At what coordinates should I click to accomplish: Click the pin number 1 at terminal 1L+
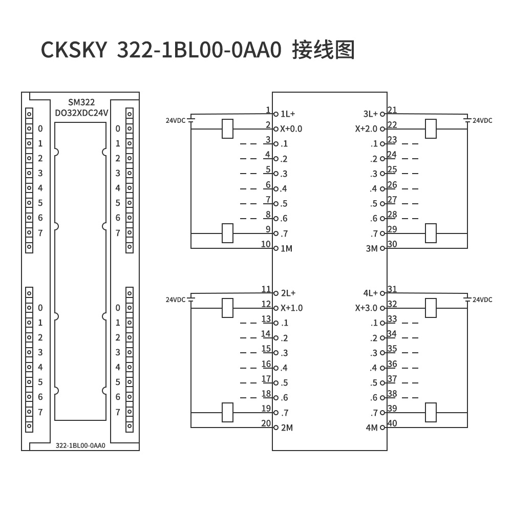(268, 110)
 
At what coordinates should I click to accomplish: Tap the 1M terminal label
(286, 249)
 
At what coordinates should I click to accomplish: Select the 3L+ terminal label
(370, 114)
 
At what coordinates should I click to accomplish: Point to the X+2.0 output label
(366, 129)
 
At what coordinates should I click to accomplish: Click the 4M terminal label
(371, 428)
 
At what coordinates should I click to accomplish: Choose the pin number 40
(392, 423)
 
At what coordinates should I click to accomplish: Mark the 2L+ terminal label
(288, 293)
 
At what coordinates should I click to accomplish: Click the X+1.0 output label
(291, 308)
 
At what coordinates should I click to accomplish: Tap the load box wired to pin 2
(227, 129)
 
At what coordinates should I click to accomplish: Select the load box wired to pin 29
(431, 233)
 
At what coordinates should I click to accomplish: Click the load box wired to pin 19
(227, 412)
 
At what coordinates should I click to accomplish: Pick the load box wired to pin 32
(431, 308)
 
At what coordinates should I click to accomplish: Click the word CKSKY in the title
(74, 50)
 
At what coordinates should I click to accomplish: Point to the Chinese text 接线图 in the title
(323, 50)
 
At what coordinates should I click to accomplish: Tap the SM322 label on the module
(81, 103)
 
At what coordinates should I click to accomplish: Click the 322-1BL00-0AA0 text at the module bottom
(80, 446)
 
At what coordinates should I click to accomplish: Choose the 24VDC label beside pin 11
(176, 300)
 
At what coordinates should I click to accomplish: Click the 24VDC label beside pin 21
(482, 121)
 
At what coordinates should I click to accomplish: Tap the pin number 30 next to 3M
(392, 244)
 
